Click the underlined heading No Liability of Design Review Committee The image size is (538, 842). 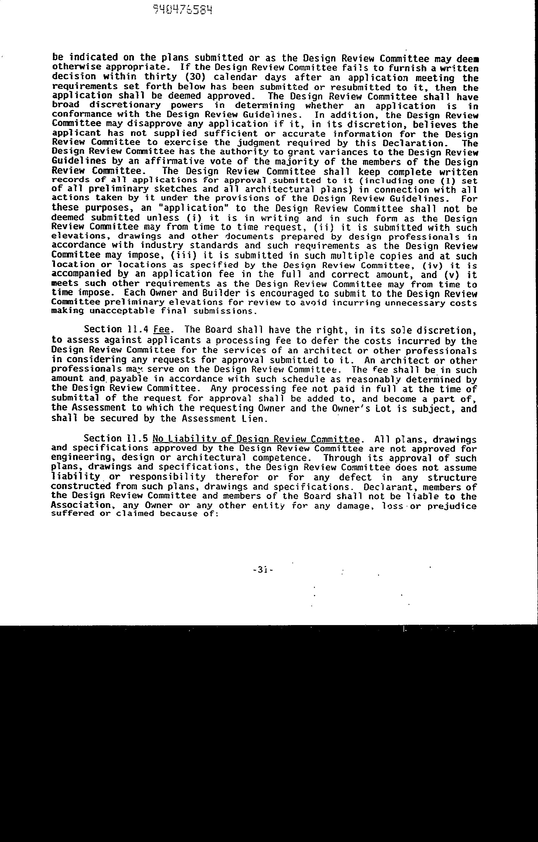tap(256, 439)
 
